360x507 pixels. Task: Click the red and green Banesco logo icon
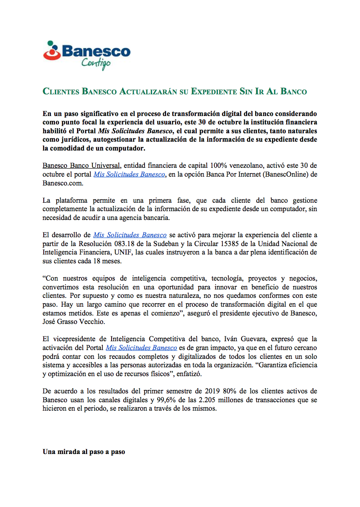pyautogui.click(x=52, y=51)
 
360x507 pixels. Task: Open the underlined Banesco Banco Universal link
pyautogui.click(x=81, y=165)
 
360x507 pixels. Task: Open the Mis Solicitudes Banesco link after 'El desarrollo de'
pyautogui.click(x=130, y=235)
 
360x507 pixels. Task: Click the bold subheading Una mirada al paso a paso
pyautogui.click(x=84, y=452)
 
